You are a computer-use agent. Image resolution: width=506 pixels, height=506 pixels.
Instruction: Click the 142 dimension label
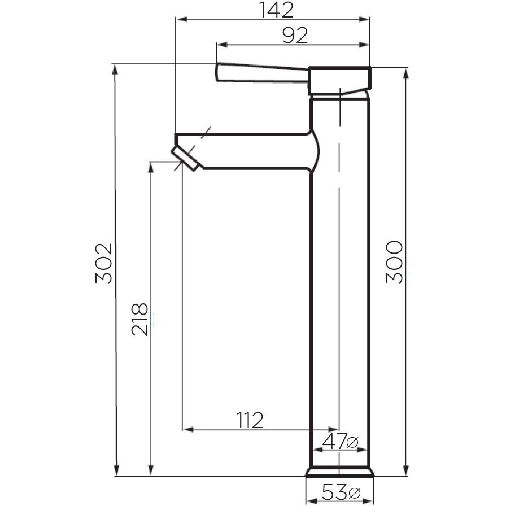(x=277, y=10)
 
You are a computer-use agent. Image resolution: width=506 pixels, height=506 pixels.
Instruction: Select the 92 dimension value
(x=295, y=35)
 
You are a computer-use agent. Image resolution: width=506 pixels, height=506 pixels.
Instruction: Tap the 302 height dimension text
(x=104, y=263)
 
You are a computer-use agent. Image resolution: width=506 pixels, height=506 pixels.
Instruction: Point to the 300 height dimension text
(x=394, y=262)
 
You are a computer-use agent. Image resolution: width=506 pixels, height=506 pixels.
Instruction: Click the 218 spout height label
(x=139, y=319)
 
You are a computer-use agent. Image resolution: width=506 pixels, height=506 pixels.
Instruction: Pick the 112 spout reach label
(x=250, y=420)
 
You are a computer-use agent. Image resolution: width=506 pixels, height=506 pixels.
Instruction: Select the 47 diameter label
(x=333, y=441)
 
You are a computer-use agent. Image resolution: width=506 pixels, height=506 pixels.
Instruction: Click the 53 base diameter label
(x=334, y=492)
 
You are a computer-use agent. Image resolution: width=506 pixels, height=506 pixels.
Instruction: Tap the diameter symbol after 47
(x=352, y=442)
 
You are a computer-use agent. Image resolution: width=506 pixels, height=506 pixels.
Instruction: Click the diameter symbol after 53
(x=354, y=493)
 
